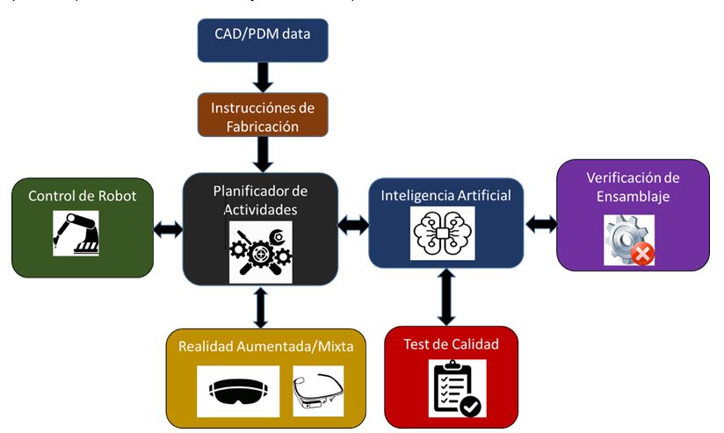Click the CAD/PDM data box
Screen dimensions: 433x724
pos(263,40)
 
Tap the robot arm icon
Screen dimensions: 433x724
pos(76,233)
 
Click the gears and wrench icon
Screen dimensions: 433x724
pos(260,251)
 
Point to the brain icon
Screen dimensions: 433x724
pos(443,234)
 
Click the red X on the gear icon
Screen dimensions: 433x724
pos(643,255)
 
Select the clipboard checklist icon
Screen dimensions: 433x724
pos(457,388)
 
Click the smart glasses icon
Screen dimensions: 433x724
pos(317,389)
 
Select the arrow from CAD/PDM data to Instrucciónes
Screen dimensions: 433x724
pos(263,77)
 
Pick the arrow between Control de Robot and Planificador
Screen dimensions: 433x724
pos(168,230)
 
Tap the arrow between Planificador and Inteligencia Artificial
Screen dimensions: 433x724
pos(353,225)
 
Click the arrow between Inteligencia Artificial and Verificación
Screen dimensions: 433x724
pos(541,224)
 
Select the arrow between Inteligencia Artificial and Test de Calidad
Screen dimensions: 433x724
pos(446,296)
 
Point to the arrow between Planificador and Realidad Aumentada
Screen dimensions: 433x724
pos(260,307)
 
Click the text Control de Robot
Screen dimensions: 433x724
pos(82,196)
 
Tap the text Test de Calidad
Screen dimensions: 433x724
pos(451,343)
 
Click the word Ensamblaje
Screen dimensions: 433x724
pos(633,197)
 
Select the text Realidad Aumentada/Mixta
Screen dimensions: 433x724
pos(265,347)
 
